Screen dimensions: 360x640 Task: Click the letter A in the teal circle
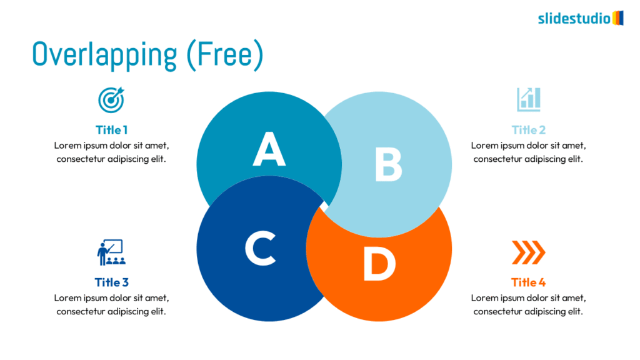[x=269, y=149]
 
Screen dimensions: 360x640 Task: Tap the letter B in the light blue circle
[x=388, y=164]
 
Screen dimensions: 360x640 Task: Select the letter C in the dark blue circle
[x=260, y=248]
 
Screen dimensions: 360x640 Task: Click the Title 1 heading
[x=111, y=130]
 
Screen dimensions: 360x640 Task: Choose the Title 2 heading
[x=528, y=130]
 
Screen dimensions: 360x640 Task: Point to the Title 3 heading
[x=111, y=282]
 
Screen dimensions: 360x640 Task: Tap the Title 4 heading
[x=528, y=282]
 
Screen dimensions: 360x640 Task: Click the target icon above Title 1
[x=111, y=99]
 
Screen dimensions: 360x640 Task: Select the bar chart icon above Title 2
[x=528, y=99]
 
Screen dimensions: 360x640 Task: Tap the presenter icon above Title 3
[x=111, y=252]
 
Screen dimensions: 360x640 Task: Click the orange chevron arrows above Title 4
[x=528, y=252]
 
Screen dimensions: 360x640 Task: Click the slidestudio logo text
[x=574, y=18]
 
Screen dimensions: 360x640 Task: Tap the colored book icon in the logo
[x=617, y=17]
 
